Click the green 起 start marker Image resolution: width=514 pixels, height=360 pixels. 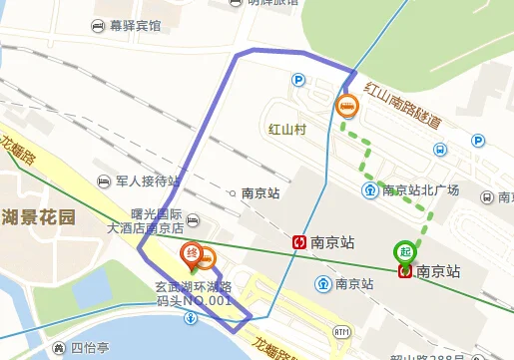point(405,251)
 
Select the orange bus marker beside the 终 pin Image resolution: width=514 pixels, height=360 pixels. point(206,260)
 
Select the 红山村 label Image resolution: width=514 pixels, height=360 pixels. point(287,129)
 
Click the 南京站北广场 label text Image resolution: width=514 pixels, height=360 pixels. point(420,190)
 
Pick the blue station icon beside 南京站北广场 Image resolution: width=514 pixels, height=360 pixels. point(369,190)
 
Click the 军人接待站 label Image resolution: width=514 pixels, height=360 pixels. point(147,181)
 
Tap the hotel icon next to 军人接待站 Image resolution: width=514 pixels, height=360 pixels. point(105,181)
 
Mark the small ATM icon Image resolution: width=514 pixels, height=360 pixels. point(342,331)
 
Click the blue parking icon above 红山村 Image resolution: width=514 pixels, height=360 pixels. point(297,80)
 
